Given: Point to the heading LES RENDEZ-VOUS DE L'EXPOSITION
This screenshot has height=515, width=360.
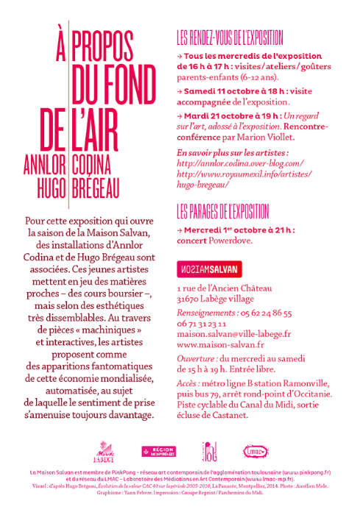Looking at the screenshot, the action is tap(248, 35).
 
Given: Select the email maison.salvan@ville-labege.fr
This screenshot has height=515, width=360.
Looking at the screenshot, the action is tap(234, 333).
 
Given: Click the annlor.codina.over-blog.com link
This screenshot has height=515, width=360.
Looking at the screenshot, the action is tap(240, 162).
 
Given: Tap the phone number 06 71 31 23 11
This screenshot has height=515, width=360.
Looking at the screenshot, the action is tap(202, 322).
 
